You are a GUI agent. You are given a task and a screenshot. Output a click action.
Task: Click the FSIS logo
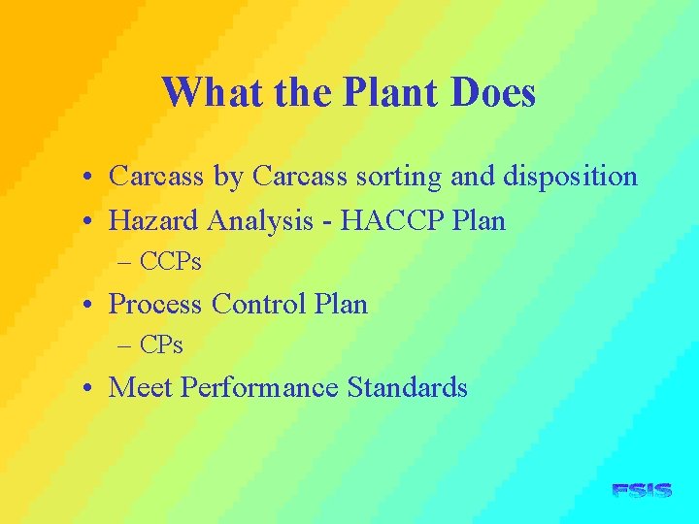pyautogui.click(x=642, y=491)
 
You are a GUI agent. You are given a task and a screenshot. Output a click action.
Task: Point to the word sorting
pyautogui.click(x=409, y=177)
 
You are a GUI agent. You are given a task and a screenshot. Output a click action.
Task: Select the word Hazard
pyautogui.click(x=153, y=220)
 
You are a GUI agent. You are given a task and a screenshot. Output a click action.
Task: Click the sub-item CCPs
pyautogui.click(x=171, y=261)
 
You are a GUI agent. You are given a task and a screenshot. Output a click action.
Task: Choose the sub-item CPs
pyautogui.click(x=161, y=344)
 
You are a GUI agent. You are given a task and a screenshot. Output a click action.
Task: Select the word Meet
pyautogui.click(x=141, y=387)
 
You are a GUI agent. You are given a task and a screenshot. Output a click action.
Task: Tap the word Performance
pyautogui.click(x=259, y=387)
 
